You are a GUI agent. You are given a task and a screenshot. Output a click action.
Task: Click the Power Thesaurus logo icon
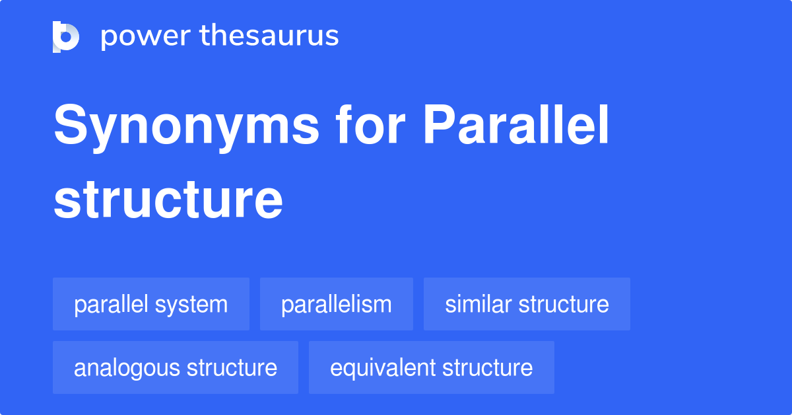click(x=66, y=36)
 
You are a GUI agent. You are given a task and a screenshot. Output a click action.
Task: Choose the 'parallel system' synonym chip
click(x=151, y=305)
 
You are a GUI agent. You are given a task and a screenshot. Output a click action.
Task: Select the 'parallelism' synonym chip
click(x=337, y=305)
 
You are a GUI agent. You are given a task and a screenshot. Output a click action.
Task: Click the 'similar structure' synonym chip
click(x=527, y=305)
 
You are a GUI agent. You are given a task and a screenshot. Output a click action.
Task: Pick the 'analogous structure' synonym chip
click(x=176, y=367)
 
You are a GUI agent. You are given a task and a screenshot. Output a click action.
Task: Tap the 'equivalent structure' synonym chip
click(x=432, y=367)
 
